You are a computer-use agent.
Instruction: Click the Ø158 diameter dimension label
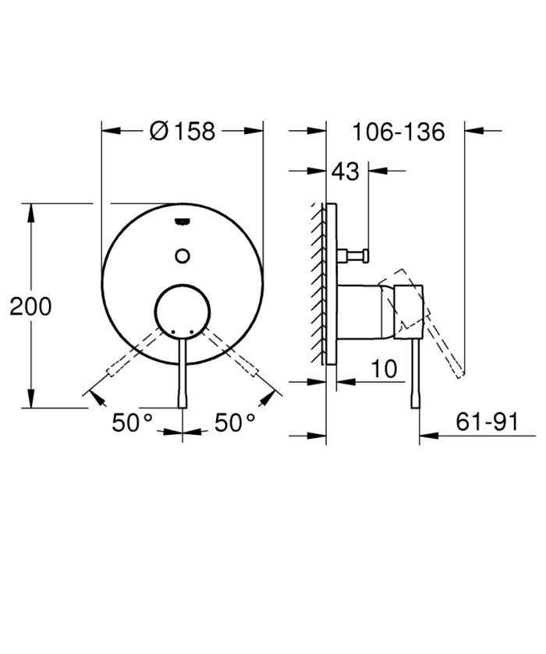[181, 131]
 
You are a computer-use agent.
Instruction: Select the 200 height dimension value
[30, 306]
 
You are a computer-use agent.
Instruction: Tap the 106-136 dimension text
[398, 131]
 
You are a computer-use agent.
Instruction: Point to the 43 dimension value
[346, 171]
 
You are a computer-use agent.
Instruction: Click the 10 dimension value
[384, 369]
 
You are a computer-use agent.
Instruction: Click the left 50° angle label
[132, 423]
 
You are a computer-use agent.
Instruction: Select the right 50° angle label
[235, 423]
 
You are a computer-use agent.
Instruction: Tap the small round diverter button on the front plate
[183, 254]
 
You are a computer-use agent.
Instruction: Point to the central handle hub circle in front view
[183, 310]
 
